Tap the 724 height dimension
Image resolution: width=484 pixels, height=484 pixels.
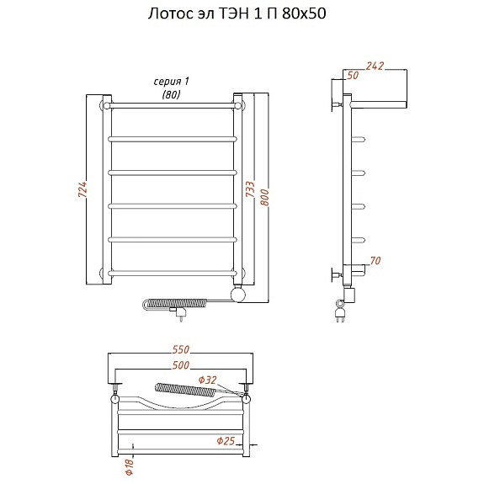[x=82, y=189]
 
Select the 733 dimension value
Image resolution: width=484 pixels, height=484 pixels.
[x=250, y=189]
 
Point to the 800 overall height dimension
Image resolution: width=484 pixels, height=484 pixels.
[x=265, y=198]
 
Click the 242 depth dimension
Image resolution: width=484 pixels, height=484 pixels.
[x=375, y=66]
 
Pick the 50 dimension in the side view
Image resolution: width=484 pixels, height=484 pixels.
[x=353, y=75]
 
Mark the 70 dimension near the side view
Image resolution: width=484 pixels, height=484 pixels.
[x=375, y=261]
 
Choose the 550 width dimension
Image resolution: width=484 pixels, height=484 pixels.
[x=181, y=349]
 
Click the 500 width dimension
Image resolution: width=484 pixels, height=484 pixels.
[x=181, y=365]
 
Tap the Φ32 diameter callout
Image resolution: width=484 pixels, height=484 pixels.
[x=207, y=380]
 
